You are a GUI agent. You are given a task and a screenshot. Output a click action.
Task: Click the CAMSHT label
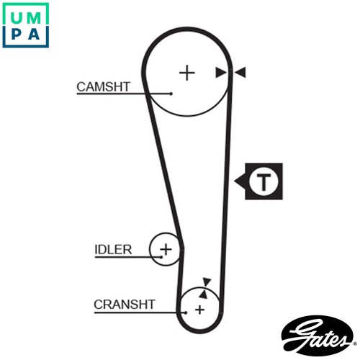[x=104, y=87]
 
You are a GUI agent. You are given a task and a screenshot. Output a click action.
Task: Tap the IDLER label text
[x=113, y=250]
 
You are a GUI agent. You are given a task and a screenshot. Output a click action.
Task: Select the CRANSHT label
[x=125, y=305]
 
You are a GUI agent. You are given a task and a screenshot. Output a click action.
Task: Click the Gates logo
[x=318, y=336]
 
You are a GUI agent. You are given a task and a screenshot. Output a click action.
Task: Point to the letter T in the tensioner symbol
[x=264, y=181]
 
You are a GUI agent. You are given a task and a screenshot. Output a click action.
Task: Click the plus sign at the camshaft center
[x=187, y=73]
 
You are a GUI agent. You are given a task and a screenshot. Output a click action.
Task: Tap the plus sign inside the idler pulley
[x=166, y=249]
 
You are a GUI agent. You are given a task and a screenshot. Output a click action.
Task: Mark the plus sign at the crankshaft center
[x=199, y=310]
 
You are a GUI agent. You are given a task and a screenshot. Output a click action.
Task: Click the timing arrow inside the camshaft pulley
[x=221, y=73]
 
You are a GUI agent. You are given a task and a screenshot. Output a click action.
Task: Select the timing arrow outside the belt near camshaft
[x=240, y=72]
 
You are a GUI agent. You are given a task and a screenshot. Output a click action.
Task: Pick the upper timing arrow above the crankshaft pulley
[x=207, y=282]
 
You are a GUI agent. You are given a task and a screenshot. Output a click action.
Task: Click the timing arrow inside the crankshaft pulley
[x=203, y=294]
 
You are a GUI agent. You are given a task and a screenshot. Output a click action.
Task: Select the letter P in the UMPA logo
[x=16, y=34]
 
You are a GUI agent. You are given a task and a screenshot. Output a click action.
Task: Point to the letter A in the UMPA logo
[x=34, y=34]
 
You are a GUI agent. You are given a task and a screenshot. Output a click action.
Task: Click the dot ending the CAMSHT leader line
[x=171, y=94]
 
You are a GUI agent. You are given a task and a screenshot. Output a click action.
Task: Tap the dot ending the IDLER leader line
[x=161, y=257]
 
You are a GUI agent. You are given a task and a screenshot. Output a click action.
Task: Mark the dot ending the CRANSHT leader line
[x=186, y=312]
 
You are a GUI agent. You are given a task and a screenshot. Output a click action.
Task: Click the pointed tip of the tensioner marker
[x=235, y=181]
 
